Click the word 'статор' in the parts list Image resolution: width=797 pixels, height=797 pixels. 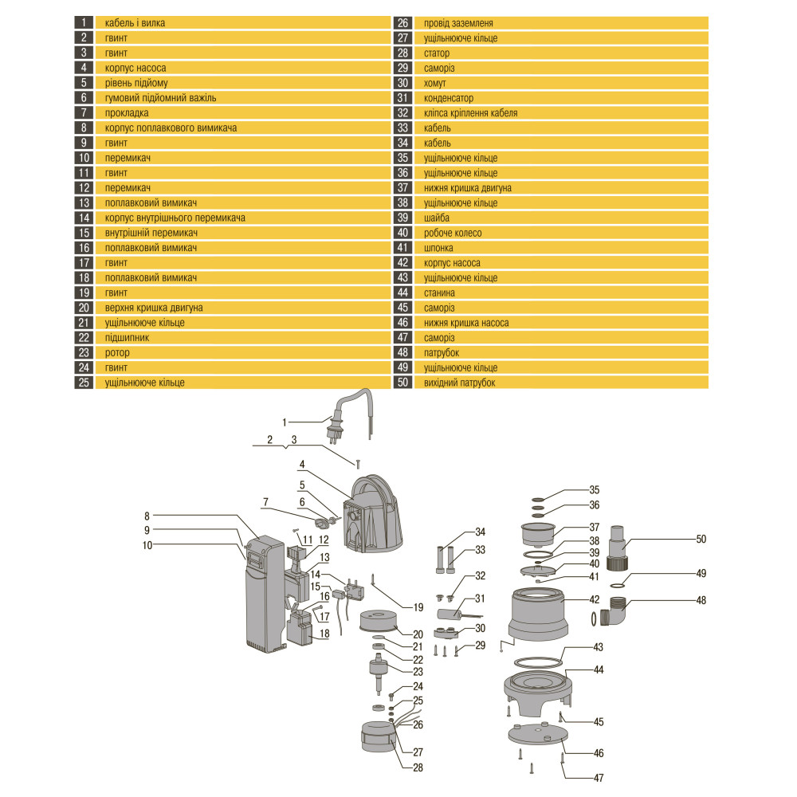(437, 53)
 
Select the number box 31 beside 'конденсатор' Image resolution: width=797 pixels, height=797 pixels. (402, 98)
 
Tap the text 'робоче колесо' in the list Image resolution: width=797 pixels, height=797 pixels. (453, 233)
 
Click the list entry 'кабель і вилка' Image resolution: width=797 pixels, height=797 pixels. (135, 23)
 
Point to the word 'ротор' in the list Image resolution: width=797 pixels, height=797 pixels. (117, 353)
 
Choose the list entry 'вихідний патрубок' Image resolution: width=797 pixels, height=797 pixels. (460, 383)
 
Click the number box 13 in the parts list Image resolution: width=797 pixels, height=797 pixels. (84, 202)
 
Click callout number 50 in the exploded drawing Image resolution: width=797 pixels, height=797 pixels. (701, 539)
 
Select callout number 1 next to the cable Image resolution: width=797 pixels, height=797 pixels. (285, 422)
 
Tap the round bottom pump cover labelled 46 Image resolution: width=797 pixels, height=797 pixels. (537, 734)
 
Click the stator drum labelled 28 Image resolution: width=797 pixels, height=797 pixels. (378, 737)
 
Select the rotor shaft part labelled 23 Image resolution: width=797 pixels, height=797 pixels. (378, 672)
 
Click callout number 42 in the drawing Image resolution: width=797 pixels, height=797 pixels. (595, 600)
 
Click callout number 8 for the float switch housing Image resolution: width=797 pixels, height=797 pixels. (147, 516)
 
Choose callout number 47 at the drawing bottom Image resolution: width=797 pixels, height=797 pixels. (599, 778)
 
